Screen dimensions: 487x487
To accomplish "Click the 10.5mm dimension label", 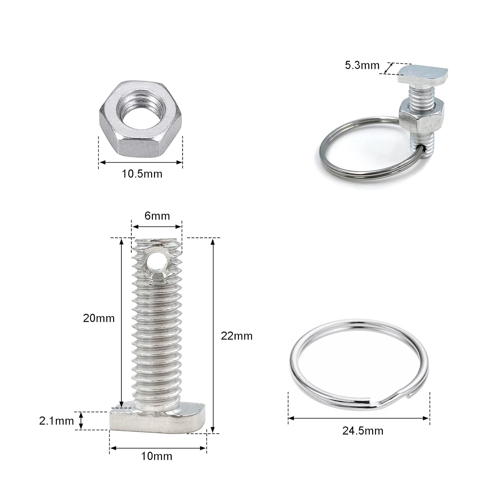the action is pos(142,174).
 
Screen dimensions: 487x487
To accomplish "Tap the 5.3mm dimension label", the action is pos(362,65).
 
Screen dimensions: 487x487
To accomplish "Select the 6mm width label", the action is pos(157,216).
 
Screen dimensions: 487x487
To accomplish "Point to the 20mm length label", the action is pos(99,318).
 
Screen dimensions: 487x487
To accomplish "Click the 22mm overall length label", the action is pos(237,336).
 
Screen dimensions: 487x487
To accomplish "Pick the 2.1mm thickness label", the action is pos(57,421).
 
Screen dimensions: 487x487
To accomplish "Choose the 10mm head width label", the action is pos(157,456).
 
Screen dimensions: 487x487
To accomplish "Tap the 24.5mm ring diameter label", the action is pos(363,431).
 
